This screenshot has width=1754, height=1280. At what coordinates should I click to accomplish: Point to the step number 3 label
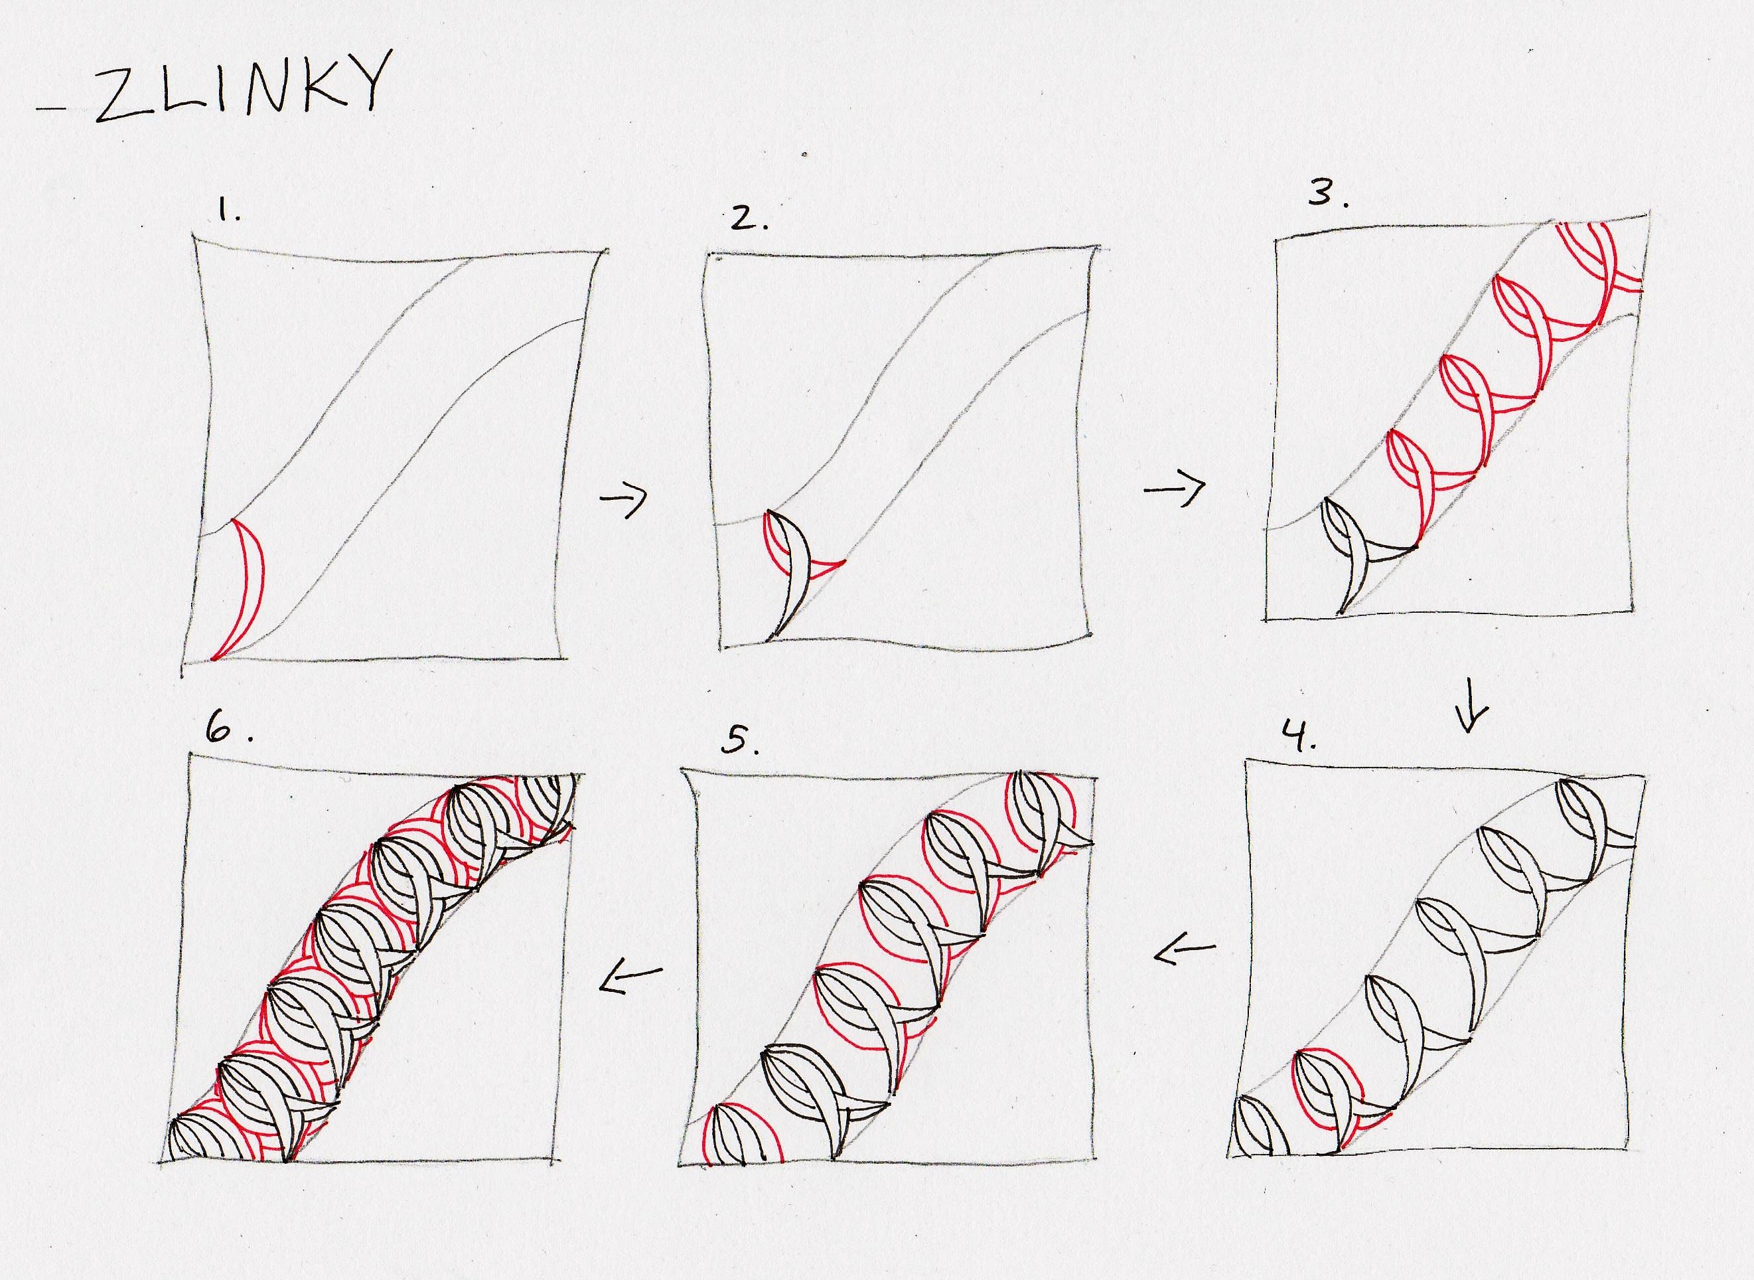tap(1329, 193)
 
